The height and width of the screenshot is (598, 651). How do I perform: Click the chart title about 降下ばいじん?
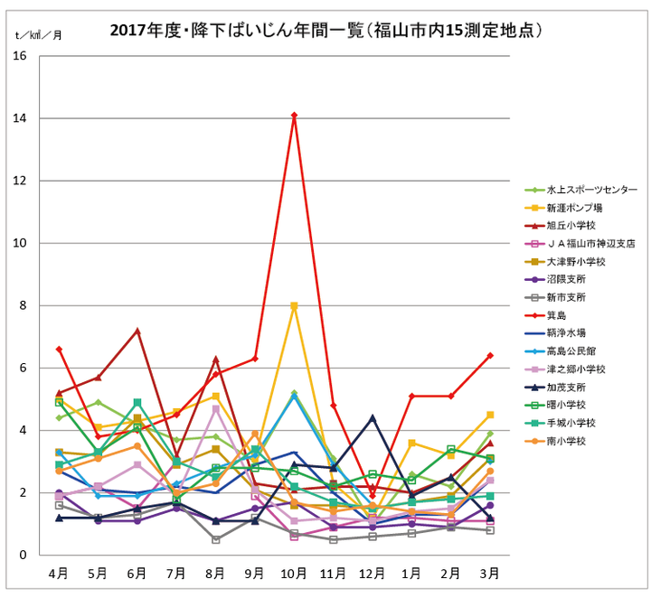pos(325,31)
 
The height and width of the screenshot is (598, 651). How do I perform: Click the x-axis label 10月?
pos(294,574)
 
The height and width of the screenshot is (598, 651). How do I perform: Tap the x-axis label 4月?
pos(59,574)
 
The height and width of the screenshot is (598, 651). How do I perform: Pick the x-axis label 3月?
pos(490,574)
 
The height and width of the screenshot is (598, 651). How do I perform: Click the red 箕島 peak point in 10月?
pos(294,115)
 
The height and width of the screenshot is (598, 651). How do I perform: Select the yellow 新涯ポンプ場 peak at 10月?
pos(294,306)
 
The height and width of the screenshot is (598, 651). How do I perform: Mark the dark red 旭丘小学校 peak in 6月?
pos(137,331)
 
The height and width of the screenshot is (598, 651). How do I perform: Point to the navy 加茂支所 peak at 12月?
pos(373,417)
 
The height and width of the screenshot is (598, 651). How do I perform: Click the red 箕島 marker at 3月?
pos(490,356)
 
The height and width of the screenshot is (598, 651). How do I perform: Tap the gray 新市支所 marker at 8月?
pos(215,539)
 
